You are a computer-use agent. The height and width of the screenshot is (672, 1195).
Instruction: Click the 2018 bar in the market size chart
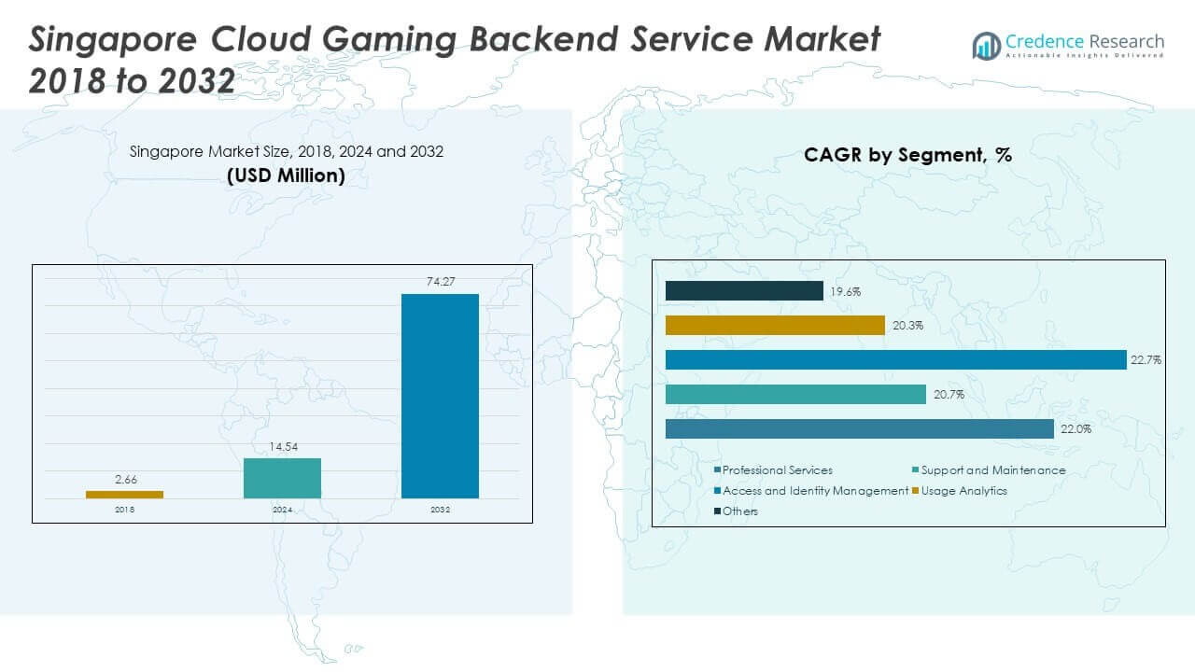point(124,494)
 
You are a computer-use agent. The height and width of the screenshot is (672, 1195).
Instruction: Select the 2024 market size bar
point(282,478)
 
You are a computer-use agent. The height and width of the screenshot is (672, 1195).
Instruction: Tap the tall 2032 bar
point(440,396)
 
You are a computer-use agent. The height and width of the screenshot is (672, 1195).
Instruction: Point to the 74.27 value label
point(440,282)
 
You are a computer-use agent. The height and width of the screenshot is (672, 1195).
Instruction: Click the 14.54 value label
point(282,447)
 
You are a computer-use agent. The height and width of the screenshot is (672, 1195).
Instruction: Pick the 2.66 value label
point(124,480)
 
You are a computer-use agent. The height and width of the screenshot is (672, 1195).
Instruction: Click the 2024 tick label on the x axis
point(282,511)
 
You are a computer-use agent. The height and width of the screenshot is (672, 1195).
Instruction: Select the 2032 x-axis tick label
point(440,511)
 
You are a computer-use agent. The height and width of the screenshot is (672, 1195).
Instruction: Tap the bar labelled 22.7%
point(895,359)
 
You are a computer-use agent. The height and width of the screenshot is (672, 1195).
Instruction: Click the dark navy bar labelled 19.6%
point(744,291)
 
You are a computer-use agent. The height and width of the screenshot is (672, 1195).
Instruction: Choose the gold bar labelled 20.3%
point(775,325)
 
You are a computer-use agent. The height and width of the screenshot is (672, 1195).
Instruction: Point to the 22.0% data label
point(1075,429)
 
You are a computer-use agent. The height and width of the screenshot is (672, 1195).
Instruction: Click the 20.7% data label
point(948,395)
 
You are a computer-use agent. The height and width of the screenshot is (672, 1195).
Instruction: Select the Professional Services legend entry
point(777,470)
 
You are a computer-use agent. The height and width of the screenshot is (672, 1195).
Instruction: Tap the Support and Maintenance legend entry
point(992,470)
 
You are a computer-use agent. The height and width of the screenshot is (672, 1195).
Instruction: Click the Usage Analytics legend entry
point(963,491)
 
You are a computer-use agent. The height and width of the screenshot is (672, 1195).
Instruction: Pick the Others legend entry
point(739,511)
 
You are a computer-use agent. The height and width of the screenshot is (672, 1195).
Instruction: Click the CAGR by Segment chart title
point(907,156)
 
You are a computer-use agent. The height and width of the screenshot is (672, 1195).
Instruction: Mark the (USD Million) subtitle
point(286,175)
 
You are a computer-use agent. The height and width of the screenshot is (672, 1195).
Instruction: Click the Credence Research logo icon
point(986,44)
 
